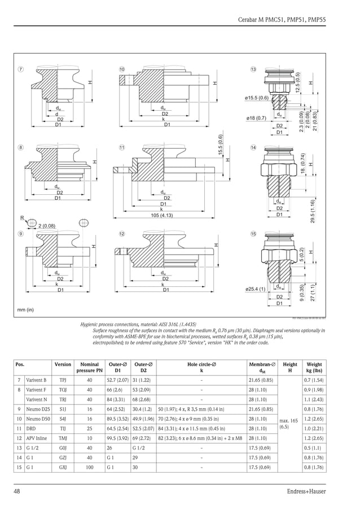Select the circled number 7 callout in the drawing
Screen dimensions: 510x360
(x=20, y=69)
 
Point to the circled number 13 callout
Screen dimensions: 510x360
(x=253, y=69)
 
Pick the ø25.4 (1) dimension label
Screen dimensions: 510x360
(x=255, y=289)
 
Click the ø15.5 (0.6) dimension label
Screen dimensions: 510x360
(x=256, y=98)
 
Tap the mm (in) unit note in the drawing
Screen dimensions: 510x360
(x=25, y=310)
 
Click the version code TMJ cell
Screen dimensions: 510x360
(x=63, y=438)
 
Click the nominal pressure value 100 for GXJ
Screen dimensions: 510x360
(x=89, y=467)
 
